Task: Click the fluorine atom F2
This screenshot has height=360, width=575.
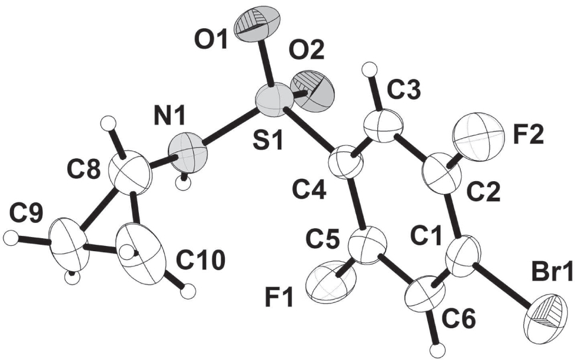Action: pyautogui.click(x=478, y=136)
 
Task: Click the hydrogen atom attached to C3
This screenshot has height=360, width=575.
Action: pyautogui.click(x=368, y=69)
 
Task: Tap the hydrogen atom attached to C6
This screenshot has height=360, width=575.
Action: pyautogui.click(x=436, y=350)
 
